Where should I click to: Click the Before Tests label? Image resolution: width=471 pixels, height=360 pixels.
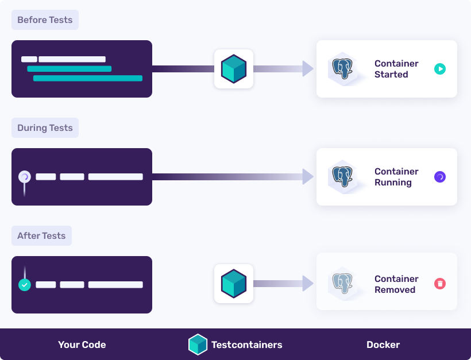tap(45, 20)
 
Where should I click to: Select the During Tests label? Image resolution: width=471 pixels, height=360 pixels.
tap(45, 128)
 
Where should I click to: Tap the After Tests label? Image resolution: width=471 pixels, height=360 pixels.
tap(41, 236)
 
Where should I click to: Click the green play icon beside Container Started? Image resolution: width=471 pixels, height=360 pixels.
tap(439, 69)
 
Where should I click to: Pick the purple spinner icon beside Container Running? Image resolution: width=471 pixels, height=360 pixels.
tap(439, 177)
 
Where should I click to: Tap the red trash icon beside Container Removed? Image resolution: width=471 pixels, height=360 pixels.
tap(439, 284)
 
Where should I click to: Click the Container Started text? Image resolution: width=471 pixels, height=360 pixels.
tap(396, 69)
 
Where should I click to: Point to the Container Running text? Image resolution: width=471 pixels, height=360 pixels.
tap(396, 177)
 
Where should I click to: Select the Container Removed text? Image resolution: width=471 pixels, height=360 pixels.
tap(396, 284)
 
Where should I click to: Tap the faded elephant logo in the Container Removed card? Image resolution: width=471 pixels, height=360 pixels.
tap(343, 284)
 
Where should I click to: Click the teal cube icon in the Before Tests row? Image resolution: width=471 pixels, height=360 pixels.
tap(234, 69)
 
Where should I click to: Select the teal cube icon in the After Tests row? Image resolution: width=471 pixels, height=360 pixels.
tap(234, 284)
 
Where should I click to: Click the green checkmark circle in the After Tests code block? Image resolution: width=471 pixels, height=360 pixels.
tap(24, 285)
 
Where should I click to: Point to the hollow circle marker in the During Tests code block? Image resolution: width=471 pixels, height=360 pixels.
tap(24, 177)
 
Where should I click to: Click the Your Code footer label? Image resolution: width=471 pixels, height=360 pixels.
tap(82, 345)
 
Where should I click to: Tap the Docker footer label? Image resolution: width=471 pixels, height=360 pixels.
tap(383, 345)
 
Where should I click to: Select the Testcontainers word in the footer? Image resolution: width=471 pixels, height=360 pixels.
tap(246, 345)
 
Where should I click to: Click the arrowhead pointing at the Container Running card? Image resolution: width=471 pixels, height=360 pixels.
tap(308, 177)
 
